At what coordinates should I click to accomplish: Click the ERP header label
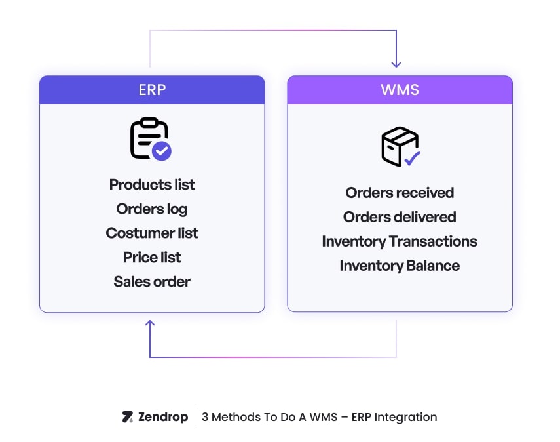point(152,90)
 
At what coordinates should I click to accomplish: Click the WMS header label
point(400,90)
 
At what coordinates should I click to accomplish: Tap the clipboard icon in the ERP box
point(148,138)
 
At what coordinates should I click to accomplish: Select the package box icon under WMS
point(399,146)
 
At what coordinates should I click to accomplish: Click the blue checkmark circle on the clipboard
point(162,151)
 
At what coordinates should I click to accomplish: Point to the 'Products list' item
point(152,185)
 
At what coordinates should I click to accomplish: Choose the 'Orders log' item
point(152,209)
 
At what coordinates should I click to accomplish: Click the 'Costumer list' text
point(152,233)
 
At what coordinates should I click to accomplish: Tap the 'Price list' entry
point(152,258)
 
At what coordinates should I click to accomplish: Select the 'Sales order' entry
point(152,282)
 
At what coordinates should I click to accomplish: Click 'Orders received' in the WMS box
point(400,193)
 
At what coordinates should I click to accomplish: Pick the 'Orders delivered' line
point(400,217)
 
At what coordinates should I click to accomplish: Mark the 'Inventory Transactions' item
point(400,241)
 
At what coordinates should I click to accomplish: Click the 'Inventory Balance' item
point(400,266)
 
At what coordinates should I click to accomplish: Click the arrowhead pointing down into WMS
point(396,64)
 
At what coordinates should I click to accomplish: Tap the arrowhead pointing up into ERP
point(150,323)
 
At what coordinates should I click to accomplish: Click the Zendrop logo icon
point(128,417)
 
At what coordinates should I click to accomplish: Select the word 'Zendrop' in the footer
point(163,417)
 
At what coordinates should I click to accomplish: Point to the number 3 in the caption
point(205,417)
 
